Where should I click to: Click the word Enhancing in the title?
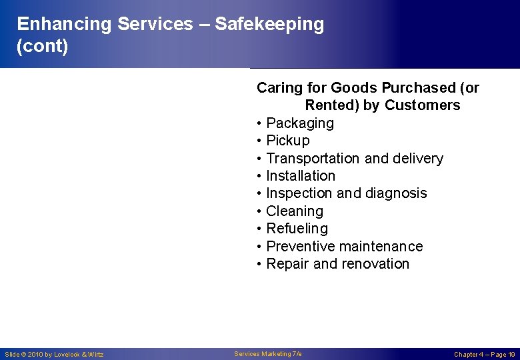[64, 25]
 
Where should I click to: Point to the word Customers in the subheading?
[422, 105]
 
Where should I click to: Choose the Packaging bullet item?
[300, 123]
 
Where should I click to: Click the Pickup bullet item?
[288, 141]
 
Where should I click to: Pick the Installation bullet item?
[301, 176]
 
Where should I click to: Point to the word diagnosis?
[397, 193]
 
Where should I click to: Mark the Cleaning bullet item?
[295, 211]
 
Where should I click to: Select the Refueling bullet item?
[297, 229]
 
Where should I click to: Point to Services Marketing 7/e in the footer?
[268, 353]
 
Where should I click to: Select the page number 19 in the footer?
[511, 354]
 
